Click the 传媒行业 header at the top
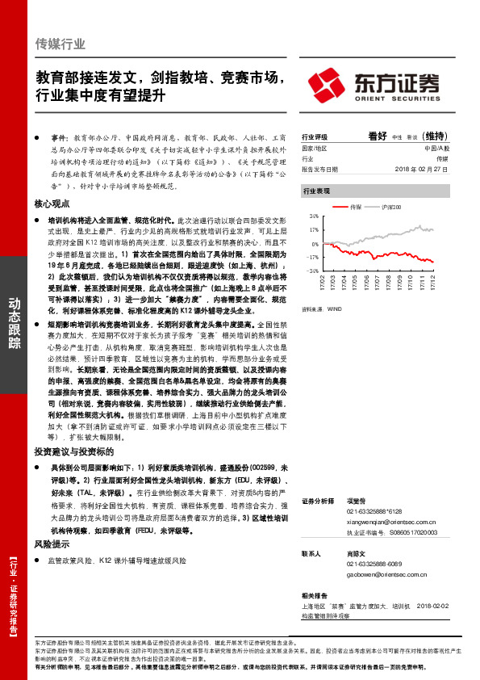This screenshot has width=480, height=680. [x=61, y=44]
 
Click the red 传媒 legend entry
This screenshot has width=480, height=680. [x=355, y=208]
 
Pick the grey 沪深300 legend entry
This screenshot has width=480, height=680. [x=390, y=208]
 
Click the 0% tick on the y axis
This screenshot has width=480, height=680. [x=315, y=243]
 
